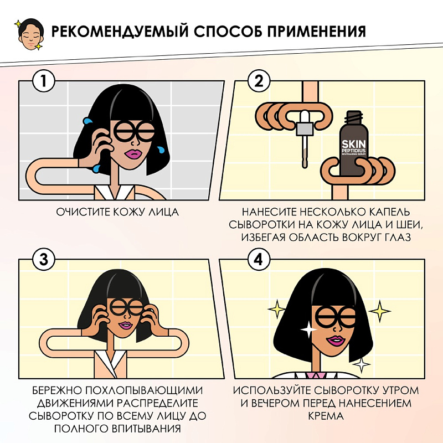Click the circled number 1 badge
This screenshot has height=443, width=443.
pyautogui.click(x=43, y=81)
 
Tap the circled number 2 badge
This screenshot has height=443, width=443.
pyautogui.click(x=259, y=81)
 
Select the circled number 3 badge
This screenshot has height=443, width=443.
pyautogui.click(x=43, y=259)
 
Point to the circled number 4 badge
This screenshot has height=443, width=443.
pyautogui.click(x=259, y=259)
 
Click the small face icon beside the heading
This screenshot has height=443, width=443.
pyautogui.click(x=30, y=34)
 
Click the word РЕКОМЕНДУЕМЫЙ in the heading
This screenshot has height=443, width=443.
pyautogui.click(x=120, y=31)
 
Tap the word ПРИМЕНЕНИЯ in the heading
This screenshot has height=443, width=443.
pyautogui.click(x=316, y=31)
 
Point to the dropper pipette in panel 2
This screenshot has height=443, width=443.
pyautogui.click(x=305, y=138)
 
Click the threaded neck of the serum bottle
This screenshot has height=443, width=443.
pyautogui.click(x=354, y=117)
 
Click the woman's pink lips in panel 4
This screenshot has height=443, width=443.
pyautogui.click(x=336, y=341)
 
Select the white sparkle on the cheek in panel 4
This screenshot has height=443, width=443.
pyautogui.click(x=309, y=329)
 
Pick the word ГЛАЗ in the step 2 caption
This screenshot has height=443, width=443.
pyautogui.click(x=398, y=238)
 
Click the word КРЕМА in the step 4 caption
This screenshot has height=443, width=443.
pyautogui.click(x=326, y=416)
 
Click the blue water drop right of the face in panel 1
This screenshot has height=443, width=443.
pyautogui.click(x=161, y=150)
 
